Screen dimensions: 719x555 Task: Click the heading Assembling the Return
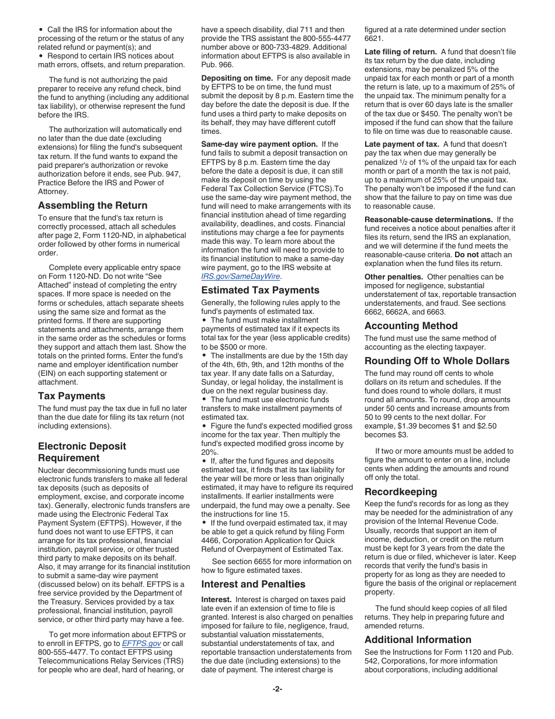click(92, 205)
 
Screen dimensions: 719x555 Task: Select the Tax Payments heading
click(71, 396)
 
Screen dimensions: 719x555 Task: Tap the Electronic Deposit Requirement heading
click(82, 452)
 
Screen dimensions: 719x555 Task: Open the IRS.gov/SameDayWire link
click(241, 276)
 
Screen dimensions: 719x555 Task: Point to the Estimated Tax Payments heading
click(260, 290)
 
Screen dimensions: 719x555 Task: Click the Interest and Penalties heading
click(253, 584)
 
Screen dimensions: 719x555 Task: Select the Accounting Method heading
click(411, 326)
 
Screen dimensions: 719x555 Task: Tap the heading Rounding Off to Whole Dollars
click(437, 361)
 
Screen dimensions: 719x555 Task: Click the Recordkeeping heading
click(400, 492)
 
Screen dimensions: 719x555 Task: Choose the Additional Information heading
click(418, 640)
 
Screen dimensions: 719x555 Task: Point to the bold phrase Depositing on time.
click(237, 78)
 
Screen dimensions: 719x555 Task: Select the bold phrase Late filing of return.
click(400, 51)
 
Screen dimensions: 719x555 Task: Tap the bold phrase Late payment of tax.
click(401, 144)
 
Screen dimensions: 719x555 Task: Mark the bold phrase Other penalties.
click(394, 276)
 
